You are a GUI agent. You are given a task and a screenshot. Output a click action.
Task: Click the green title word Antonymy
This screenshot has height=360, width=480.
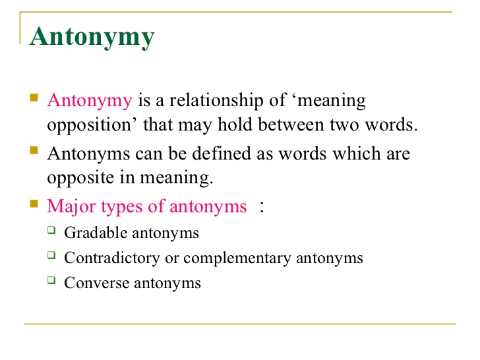(x=93, y=37)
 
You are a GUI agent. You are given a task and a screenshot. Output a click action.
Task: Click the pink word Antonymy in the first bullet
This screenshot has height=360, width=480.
(x=90, y=101)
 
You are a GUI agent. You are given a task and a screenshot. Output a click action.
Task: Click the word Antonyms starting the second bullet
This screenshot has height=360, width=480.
(x=89, y=154)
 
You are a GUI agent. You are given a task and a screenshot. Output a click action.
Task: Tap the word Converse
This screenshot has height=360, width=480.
(x=93, y=283)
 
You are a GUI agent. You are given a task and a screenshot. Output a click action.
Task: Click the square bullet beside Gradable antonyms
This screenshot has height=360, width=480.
(x=52, y=231)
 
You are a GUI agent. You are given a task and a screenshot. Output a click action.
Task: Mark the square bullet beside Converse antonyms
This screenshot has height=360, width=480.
(x=52, y=282)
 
